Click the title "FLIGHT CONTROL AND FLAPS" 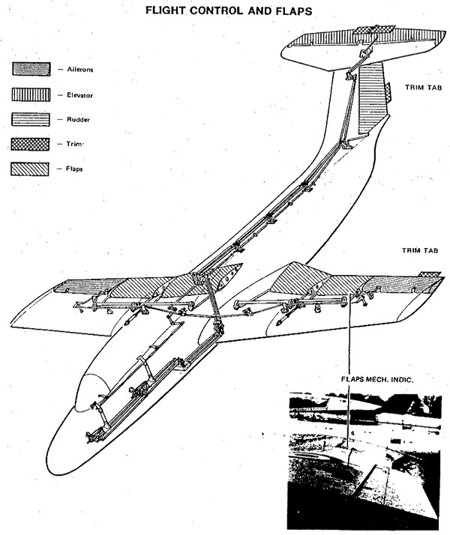pos(229,10)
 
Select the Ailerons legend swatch pos(31,69)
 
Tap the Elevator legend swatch pos(31,94)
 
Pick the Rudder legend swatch pos(31,120)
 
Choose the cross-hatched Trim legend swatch pos(31,145)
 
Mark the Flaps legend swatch pos(30,169)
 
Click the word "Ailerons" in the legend pos(80,70)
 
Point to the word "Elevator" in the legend pos(79,95)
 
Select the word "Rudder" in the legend pos(78,120)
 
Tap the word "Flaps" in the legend pos(74,169)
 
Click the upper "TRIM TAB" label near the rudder pos(423,88)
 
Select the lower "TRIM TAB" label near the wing pos(420,250)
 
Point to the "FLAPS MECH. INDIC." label pos(377,379)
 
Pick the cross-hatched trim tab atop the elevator pos(373,30)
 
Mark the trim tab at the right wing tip pos(430,274)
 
